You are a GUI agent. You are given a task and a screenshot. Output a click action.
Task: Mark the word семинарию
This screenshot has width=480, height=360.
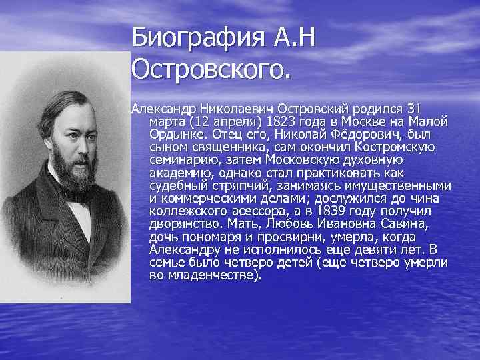pyautogui.click(x=181, y=160)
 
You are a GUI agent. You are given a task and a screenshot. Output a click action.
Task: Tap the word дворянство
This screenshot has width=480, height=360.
pyautogui.click(x=185, y=223)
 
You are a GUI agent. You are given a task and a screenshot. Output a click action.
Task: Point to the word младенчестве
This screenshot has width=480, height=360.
pyautogui.click(x=214, y=275)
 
